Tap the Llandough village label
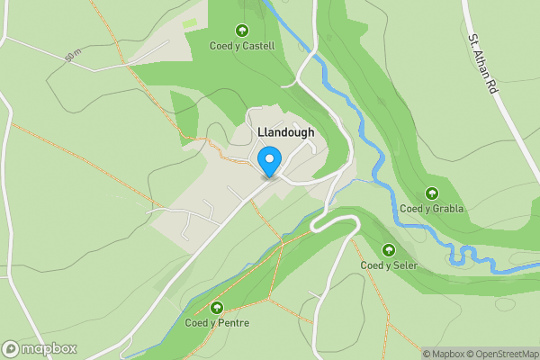coord(286,132)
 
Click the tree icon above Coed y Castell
coord(241,31)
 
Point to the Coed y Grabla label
coord(432,209)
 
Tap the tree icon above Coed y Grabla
coord(432,193)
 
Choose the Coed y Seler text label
coord(389,265)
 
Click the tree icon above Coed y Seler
coord(389,250)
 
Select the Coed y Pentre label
coord(216,322)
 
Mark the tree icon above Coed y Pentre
coord(216,308)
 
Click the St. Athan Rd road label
coord(483,66)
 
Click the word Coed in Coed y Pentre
coord(196,322)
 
